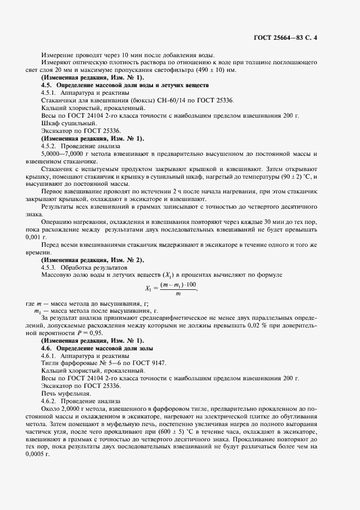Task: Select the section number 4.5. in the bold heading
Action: [x=47, y=86]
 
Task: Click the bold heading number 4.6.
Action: [x=47, y=348]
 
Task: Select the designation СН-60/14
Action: [x=156, y=101]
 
